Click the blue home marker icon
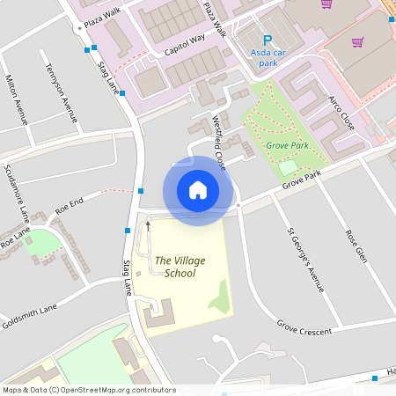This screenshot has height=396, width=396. click(x=198, y=190)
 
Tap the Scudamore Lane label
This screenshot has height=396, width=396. click(x=16, y=193)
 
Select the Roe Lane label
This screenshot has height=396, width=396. click(x=15, y=238)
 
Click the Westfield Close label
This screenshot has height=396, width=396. click(x=219, y=141)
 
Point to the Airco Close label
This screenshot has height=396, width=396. click(x=341, y=113)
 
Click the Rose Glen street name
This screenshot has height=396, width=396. click(x=355, y=246)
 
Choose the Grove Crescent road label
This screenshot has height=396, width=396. click(x=304, y=329)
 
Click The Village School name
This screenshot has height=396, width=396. click(x=174, y=267)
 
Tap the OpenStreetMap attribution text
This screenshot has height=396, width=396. click(x=88, y=390)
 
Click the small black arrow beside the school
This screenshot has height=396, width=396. click(x=148, y=224)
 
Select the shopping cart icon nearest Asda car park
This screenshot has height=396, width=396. click(x=327, y=4)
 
